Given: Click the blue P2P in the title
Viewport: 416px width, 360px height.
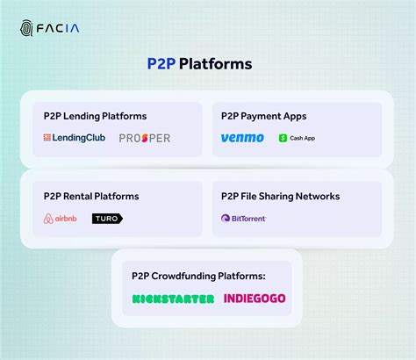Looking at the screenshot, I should tap(161, 64).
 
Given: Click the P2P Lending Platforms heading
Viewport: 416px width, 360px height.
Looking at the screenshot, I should tap(95, 116).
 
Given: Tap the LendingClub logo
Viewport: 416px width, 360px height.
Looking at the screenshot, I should tap(75, 138).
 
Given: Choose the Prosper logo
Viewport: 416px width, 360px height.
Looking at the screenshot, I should tap(145, 138).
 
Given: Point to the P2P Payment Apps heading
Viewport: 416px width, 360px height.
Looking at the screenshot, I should tap(265, 116).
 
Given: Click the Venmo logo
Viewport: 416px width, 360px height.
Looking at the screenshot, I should tap(242, 138).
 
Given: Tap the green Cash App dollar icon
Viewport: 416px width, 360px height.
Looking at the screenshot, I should tap(283, 138).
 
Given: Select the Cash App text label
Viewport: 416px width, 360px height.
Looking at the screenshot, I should tap(303, 138).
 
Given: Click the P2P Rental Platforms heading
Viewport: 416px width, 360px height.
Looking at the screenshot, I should tap(90, 196).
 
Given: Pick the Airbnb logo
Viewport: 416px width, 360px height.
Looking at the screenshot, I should tap(61, 219).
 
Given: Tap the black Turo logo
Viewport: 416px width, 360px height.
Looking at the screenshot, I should tap(107, 219).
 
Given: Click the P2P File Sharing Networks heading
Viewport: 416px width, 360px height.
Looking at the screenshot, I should tap(280, 196).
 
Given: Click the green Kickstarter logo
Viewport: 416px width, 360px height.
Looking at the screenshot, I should tap(173, 299).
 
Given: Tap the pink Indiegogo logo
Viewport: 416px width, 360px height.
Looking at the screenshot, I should tap(255, 299).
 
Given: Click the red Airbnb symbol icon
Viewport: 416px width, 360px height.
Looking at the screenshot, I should tap(47, 219).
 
